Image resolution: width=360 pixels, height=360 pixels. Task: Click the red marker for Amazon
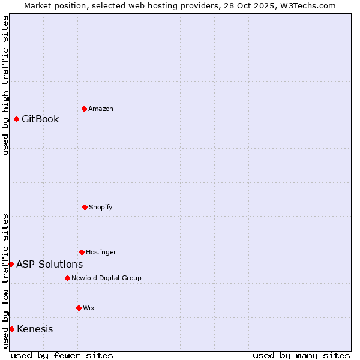point(84,109)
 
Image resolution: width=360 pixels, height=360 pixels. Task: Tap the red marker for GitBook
point(16,119)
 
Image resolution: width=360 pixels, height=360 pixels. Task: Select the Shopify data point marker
point(85,207)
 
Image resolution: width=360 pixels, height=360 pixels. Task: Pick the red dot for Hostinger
point(82,252)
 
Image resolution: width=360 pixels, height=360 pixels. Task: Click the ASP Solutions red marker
point(11,264)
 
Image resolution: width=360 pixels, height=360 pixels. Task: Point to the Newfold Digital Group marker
point(67,278)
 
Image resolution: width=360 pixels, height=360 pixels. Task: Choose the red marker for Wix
point(79,308)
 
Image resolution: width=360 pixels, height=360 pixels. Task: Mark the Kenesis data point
point(11,329)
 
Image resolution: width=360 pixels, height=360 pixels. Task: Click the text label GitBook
point(40,119)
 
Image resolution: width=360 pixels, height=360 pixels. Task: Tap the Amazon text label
point(101,109)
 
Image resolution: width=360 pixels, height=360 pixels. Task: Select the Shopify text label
point(101,207)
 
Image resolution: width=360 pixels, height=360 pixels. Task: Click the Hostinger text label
point(101,252)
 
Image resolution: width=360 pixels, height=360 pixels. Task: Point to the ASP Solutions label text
point(49,264)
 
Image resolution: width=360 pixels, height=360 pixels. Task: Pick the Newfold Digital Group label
point(106,278)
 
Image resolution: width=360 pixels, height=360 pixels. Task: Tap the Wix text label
point(89,308)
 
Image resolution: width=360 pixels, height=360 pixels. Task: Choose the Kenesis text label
point(35,329)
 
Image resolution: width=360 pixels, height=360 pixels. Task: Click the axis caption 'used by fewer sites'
point(62,355)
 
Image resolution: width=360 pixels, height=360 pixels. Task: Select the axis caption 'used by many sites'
point(301,355)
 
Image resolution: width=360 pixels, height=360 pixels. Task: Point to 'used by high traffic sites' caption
point(5,85)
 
